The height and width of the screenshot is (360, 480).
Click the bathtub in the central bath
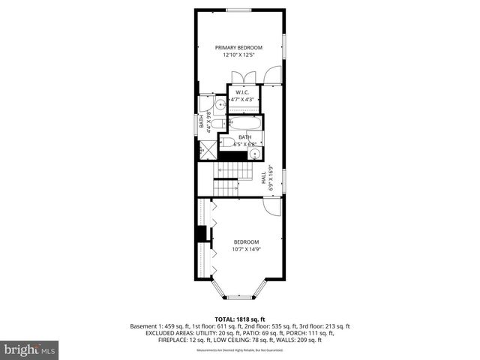click(x=244, y=124)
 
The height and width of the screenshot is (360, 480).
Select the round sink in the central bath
click(x=256, y=154)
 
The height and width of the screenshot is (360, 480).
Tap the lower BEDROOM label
click(x=245, y=241)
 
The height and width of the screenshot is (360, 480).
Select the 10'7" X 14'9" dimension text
click(x=245, y=249)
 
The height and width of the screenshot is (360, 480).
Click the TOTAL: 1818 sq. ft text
click(x=239, y=319)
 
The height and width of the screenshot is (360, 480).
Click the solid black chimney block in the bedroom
click(x=201, y=234)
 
